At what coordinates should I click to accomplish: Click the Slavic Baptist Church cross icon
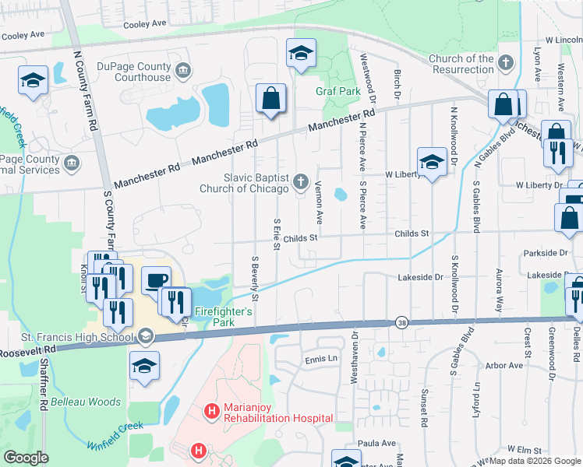pos(302,183)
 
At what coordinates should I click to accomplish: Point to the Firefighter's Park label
pos(224,317)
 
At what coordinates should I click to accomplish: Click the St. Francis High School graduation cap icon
pos(145,337)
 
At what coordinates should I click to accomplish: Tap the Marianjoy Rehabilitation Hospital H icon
pos(209,411)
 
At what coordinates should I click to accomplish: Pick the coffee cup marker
pos(156,280)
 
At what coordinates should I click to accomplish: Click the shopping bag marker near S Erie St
pos(270,99)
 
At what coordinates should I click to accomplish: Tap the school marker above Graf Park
pos(301,54)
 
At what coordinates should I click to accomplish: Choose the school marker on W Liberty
pos(431,162)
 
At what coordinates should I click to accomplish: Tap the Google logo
pos(26,458)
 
